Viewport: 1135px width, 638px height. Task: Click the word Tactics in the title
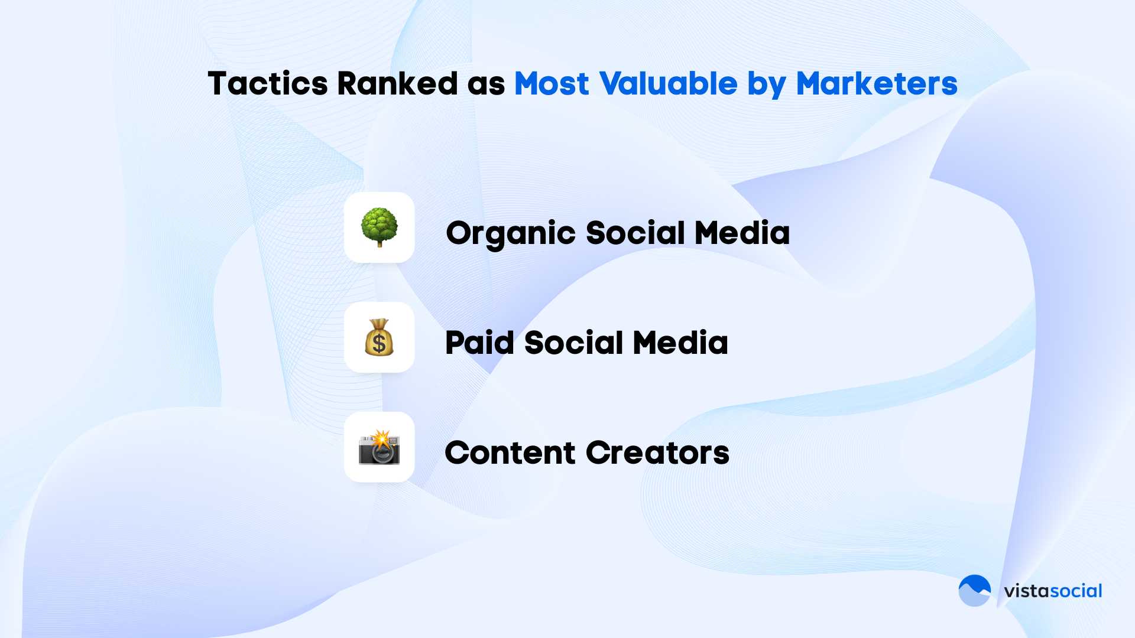click(268, 83)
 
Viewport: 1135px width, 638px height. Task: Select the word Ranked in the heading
click(397, 83)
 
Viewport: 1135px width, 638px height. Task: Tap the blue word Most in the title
click(552, 83)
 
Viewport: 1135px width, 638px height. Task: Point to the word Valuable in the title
click(668, 83)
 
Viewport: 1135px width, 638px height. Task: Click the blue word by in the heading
click(767, 85)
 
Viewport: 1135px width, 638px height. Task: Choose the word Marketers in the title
click(877, 83)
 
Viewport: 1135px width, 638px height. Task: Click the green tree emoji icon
click(380, 227)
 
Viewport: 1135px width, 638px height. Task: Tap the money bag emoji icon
click(380, 337)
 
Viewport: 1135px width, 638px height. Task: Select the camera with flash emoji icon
click(380, 447)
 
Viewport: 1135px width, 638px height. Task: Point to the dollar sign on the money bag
click(379, 342)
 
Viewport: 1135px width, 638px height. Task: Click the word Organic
click(511, 234)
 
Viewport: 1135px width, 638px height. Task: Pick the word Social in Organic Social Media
click(635, 233)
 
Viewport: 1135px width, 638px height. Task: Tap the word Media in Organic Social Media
click(742, 233)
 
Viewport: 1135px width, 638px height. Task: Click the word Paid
click(479, 343)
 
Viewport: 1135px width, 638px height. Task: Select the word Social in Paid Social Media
click(573, 343)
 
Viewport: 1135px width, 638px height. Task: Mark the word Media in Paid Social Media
click(680, 343)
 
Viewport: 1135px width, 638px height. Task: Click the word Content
click(510, 453)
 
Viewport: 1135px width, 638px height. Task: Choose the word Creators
click(658, 453)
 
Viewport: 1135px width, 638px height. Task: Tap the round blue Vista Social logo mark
click(975, 591)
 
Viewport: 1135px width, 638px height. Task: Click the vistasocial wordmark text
click(1053, 591)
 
